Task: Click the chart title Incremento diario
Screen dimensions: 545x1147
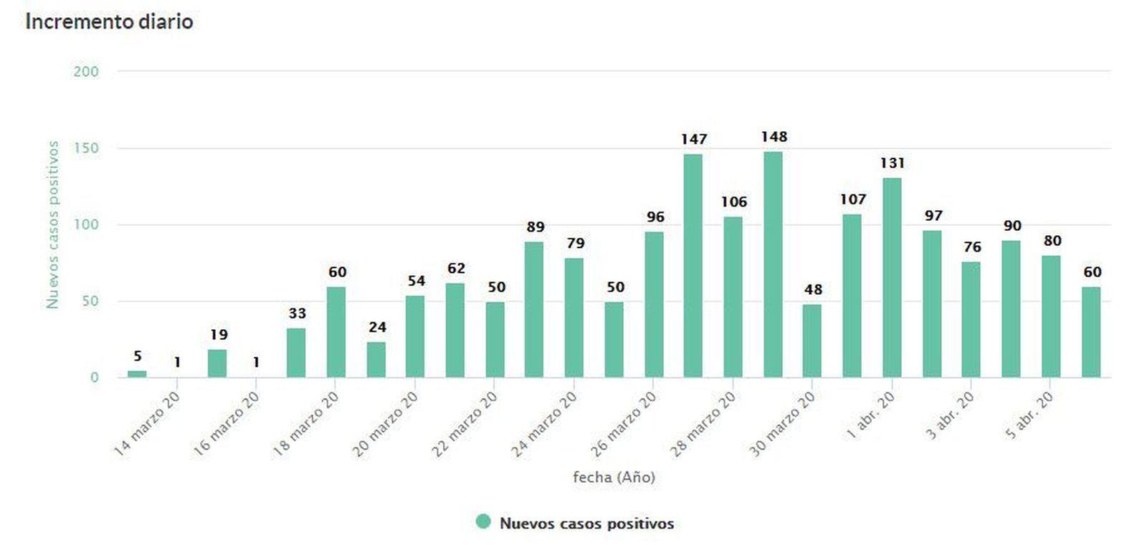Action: click(109, 22)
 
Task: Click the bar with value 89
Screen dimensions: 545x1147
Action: click(534, 309)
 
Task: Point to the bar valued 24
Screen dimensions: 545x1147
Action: click(376, 359)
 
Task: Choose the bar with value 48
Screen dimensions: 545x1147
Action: click(812, 341)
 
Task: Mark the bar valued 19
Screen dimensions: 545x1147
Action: click(217, 363)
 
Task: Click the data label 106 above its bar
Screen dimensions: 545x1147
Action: click(733, 202)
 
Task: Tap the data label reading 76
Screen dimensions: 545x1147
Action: click(972, 247)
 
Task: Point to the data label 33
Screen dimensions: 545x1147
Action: click(297, 313)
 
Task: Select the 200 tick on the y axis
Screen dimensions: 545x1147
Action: click(86, 72)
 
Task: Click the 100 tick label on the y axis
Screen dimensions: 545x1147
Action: click(86, 224)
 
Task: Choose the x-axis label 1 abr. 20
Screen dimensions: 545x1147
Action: click(870, 416)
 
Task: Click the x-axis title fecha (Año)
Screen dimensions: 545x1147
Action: click(614, 477)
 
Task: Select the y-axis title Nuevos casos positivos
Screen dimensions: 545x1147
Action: click(52, 224)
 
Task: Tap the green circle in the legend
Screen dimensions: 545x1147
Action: click(483, 522)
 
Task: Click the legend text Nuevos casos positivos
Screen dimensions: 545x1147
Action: click(586, 523)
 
